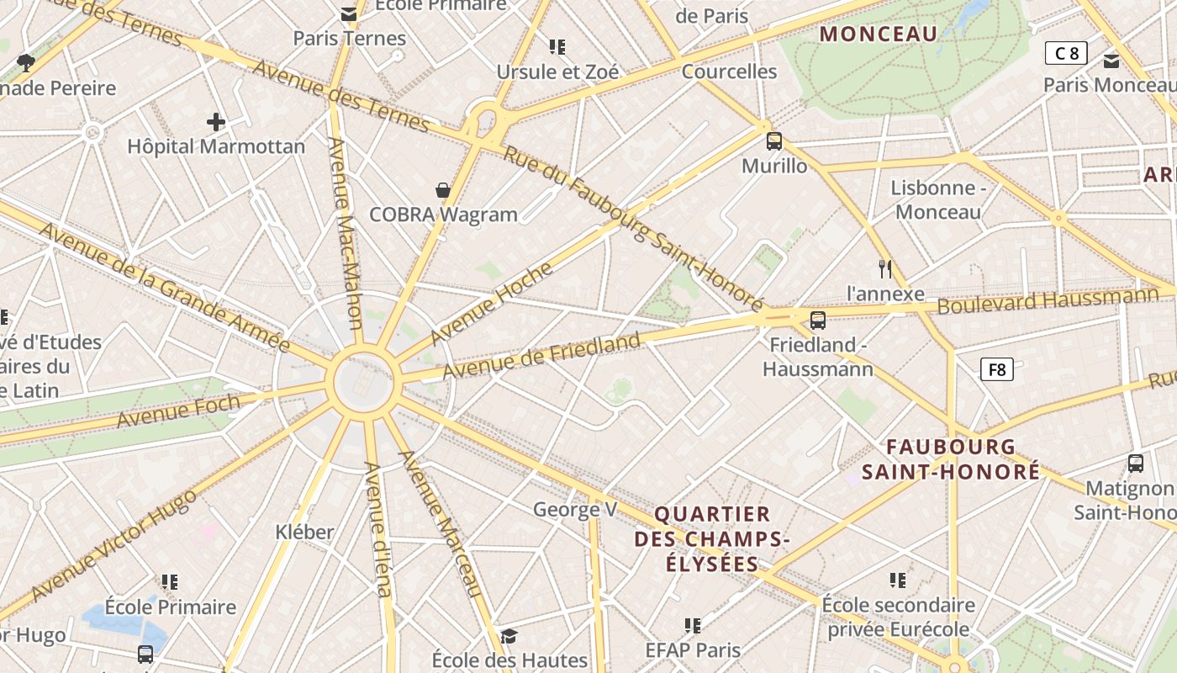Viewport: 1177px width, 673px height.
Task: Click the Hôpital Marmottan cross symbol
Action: (x=216, y=122)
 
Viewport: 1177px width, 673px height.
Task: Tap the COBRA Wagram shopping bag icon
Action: (x=443, y=190)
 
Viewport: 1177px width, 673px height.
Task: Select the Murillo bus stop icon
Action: (x=774, y=141)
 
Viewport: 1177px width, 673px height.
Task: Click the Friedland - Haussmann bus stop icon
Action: (x=817, y=321)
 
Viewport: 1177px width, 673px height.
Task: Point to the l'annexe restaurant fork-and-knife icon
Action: (x=884, y=269)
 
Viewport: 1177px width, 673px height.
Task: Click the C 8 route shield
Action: (x=1066, y=54)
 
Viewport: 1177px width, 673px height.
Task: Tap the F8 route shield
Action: (x=996, y=369)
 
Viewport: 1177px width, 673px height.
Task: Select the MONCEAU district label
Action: (x=878, y=34)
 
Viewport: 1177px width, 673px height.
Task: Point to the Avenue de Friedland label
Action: (x=541, y=356)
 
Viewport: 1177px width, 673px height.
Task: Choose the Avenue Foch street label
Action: (x=177, y=411)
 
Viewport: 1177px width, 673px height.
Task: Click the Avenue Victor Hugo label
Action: (x=113, y=545)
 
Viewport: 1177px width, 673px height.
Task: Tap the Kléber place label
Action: (x=304, y=532)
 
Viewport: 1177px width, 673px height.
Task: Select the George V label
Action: (x=575, y=509)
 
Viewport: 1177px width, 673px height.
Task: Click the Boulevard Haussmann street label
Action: (x=1048, y=300)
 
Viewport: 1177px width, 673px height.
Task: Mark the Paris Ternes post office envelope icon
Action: (x=349, y=14)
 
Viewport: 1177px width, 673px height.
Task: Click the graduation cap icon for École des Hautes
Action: (x=509, y=635)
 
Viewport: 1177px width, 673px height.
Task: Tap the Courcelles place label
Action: (x=729, y=72)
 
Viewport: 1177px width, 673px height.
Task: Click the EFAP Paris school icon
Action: (x=693, y=626)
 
